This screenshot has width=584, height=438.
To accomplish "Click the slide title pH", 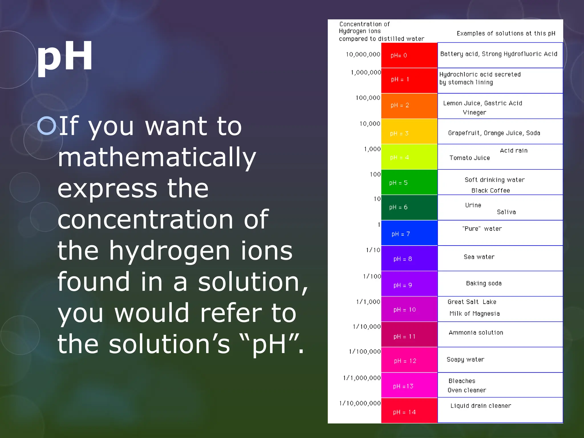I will (x=65, y=56).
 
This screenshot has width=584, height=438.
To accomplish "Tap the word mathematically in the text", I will (x=157, y=157).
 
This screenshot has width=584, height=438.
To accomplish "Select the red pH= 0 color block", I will (x=409, y=55).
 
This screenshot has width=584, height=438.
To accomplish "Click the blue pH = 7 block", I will (x=409, y=233).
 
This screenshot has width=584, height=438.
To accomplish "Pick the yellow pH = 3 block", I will (x=409, y=131).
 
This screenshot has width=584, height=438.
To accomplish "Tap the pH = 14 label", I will (x=404, y=412).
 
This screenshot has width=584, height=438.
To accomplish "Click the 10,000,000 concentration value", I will (x=363, y=54).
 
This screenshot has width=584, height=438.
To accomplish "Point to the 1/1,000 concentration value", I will (x=368, y=302).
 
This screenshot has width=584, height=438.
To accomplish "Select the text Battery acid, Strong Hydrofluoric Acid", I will (x=498, y=54).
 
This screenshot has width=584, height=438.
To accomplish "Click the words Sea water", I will (x=479, y=257).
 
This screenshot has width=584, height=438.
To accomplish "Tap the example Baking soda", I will (x=484, y=283).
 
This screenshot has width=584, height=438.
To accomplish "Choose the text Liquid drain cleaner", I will (x=480, y=405).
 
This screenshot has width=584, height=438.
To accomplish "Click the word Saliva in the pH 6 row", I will (x=506, y=212).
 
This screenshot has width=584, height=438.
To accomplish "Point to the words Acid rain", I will (x=514, y=151).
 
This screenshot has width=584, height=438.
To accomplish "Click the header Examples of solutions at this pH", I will (x=506, y=33).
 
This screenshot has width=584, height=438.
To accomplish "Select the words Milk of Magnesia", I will (x=474, y=314).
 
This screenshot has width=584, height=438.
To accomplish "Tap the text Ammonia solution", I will (x=476, y=332).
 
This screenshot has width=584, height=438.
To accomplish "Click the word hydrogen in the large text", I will (x=169, y=251).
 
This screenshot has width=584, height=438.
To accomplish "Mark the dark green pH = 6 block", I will (x=409, y=207).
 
